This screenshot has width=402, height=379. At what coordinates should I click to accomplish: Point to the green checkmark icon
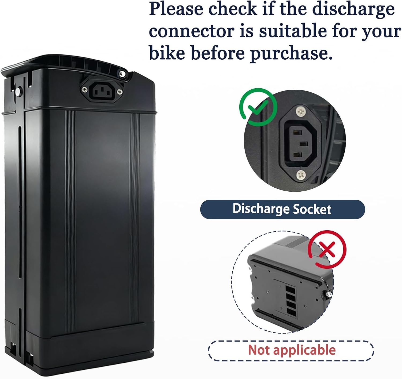point(258,107)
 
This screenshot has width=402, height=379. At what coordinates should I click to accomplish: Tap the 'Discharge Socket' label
point(282,209)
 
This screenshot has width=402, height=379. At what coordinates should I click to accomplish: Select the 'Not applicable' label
point(292,350)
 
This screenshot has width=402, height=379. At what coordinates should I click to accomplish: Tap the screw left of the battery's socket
point(85,90)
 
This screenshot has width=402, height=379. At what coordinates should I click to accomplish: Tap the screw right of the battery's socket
point(120,92)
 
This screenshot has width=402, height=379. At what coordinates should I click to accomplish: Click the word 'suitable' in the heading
point(293,31)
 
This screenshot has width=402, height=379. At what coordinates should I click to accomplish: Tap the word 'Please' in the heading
point(176,9)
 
